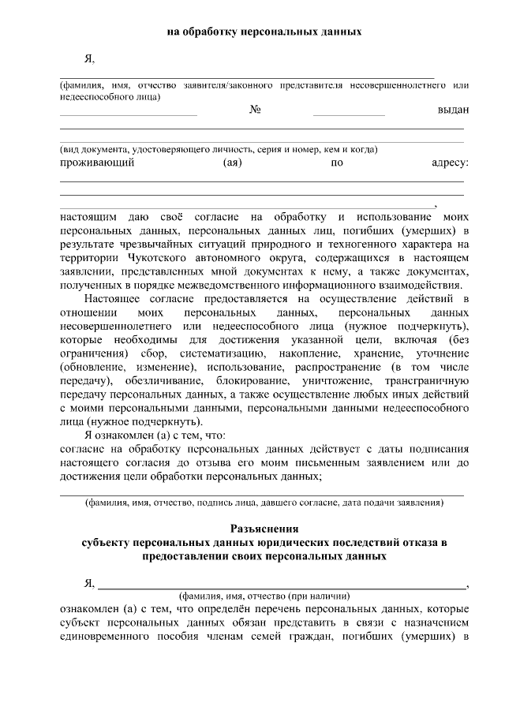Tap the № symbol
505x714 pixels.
tap(255, 110)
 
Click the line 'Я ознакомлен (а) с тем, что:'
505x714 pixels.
tap(155, 435)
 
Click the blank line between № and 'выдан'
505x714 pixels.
tap(348, 115)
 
